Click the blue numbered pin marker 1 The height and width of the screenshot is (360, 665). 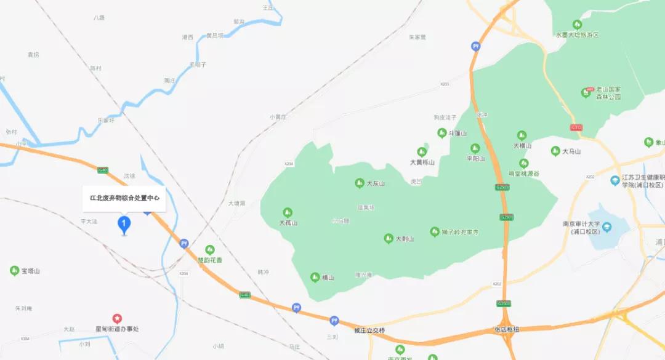point(124,224)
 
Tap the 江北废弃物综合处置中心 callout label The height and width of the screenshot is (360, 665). point(124,198)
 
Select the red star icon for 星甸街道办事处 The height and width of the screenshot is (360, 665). point(117,318)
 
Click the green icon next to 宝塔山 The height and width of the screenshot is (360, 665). point(14,270)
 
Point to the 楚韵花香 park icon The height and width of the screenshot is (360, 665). point(209,249)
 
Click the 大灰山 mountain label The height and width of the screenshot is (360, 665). point(375,183)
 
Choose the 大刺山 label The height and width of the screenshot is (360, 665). point(405,239)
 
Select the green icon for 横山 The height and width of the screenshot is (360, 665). point(315,277)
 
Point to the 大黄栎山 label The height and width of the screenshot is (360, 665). point(422,162)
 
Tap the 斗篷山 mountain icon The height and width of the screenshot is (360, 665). point(441,133)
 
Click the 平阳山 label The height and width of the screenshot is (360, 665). point(476,158)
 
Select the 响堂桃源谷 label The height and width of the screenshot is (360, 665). point(523,174)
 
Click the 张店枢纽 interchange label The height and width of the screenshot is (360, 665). point(507,330)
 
